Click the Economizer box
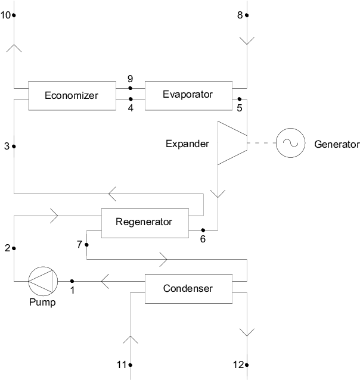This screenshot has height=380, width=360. (x=71, y=95)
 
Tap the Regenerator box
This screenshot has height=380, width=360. (x=144, y=223)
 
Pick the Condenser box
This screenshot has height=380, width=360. (x=188, y=289)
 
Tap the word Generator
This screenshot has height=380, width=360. (x=337, y=145)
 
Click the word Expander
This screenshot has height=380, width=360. (x=188, y=144)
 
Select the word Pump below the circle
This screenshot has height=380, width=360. (x=43, y=303)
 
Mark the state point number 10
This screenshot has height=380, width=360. (x=6, y=15)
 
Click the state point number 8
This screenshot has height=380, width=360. (x=240, y=15)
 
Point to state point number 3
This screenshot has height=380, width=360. (x=7, y=146)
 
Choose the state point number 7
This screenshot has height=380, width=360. (x=79, y=245)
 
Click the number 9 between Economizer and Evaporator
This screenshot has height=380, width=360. (x=130, y=79)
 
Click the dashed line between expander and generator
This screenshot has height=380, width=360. (x=261, y=144)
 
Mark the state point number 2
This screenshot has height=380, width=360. (x=7, y=248)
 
